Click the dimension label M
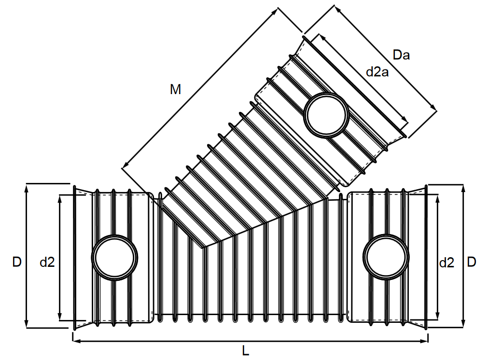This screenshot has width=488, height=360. click(x=176, y=89)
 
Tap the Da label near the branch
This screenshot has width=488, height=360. click(x=401, y=55)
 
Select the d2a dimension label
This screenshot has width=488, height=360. click(x=377, y=72)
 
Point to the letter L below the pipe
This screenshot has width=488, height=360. click(x=246, y=351)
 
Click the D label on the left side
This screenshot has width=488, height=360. click(x=17, y=262)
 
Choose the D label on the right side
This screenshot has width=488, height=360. click(x=472, y=262)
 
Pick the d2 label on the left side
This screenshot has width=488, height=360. click(x=47, y=262)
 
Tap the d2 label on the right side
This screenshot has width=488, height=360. click(x=446, y=263)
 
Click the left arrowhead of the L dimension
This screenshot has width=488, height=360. click(x=75, y=341)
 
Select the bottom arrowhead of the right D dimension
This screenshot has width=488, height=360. click(x=463, y=325)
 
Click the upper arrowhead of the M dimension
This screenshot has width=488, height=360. click(x=278, y=11)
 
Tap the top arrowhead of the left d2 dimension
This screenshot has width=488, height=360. click(x=60, y=198)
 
